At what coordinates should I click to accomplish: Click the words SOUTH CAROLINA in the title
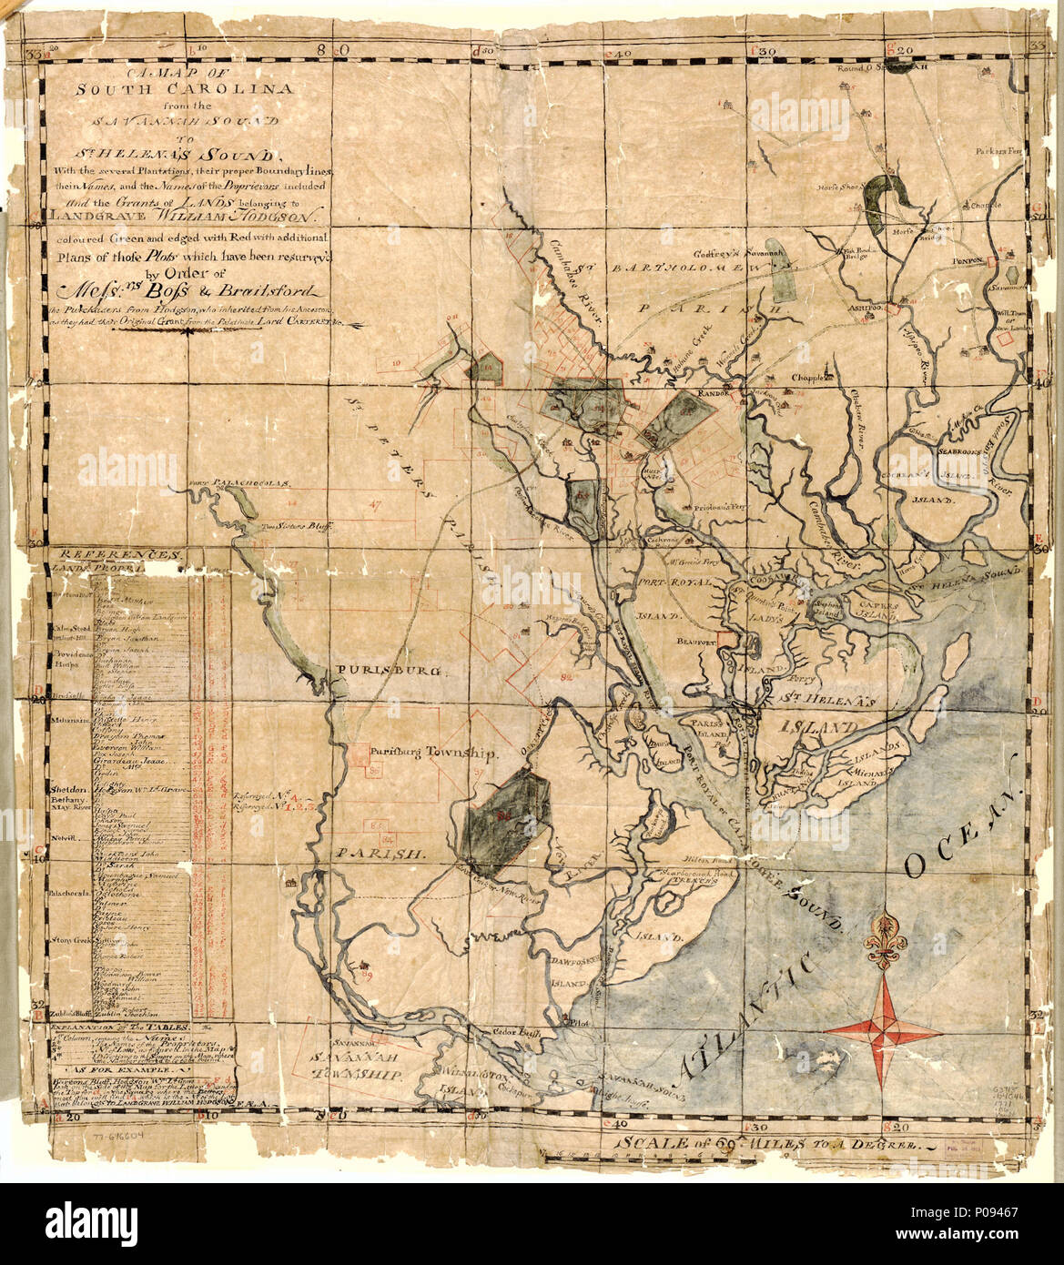(170, 89)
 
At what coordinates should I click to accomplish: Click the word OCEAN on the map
(963, 835)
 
